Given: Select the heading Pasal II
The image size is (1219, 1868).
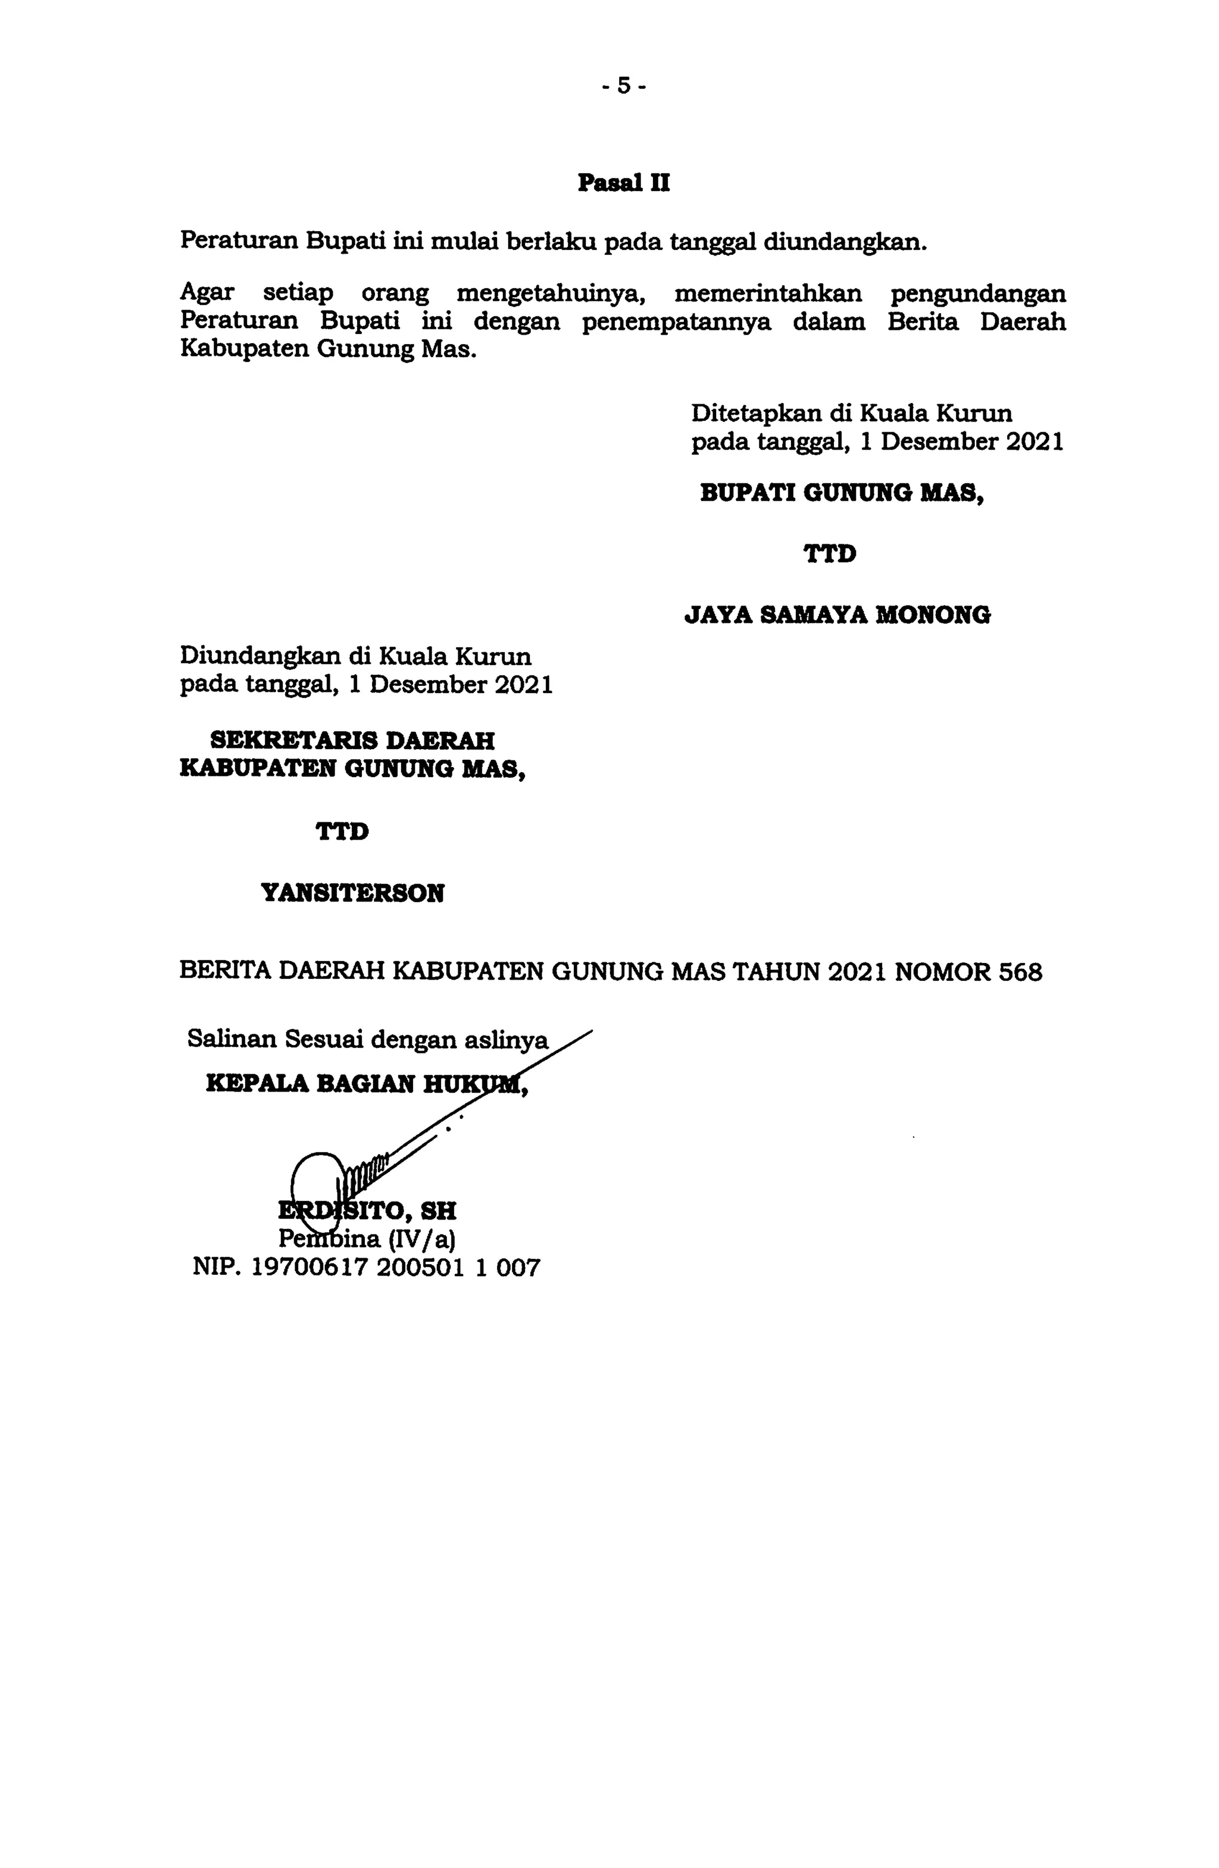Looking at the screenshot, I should [624, 183].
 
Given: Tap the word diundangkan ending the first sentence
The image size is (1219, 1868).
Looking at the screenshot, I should [845, 240].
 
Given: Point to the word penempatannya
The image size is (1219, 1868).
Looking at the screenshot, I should [676, 322].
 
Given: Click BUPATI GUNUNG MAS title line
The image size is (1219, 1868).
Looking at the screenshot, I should [842, 493].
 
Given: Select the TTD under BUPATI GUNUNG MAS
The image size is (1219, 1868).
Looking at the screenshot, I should [830, 554].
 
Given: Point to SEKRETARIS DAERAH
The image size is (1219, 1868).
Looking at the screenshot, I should [353, 740].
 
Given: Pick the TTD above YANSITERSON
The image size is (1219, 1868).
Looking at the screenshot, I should [342, 831].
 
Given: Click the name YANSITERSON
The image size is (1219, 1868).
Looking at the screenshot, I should [352, 893].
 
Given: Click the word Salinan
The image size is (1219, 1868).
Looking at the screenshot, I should [232, 1039].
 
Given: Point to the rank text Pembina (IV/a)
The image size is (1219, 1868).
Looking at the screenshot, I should [367, 1239].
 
